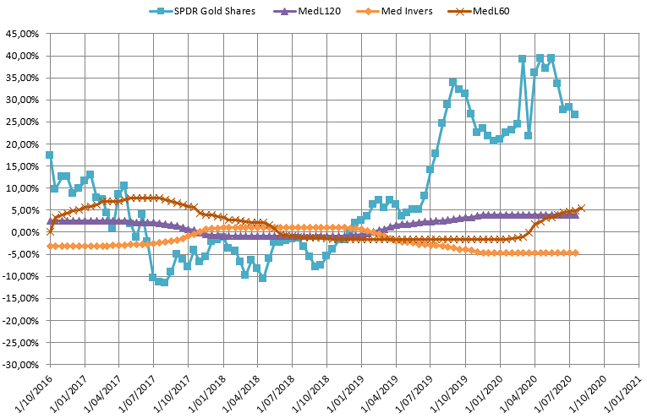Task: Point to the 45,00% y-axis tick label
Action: click(23, 34)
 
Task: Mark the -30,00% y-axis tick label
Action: click(21, 365)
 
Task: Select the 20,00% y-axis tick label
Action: click(23, 144)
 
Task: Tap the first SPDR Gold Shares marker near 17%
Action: click(49, 155)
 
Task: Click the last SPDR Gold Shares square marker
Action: click(574, 114)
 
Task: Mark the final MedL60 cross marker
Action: click(580, 208)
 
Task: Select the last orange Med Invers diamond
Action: click(575, 252)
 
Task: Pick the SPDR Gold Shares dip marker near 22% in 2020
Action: click(528, 135)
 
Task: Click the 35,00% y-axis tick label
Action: click(23, 78)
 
